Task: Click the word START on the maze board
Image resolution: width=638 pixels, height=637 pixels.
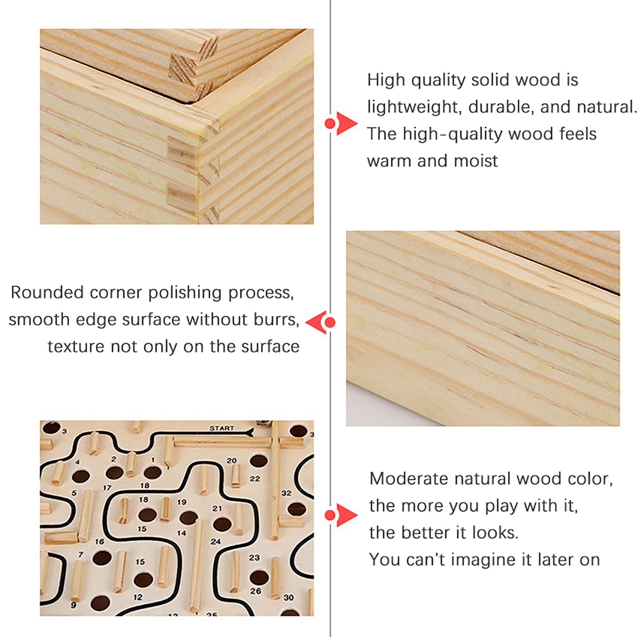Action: [x=222, y=428]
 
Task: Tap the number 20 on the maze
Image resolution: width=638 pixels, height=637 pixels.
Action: [x=232, y=460]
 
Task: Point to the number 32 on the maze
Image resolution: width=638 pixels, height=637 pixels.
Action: [x=286, y=493]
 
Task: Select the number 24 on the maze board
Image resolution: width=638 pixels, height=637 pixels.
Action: [x=216, y=542]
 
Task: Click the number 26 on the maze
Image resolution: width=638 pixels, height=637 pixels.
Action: [x=256, y=591]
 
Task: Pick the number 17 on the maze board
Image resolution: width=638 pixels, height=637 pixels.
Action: [x=107, y=488]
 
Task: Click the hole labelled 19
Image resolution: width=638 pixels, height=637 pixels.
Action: [x=189, y=518]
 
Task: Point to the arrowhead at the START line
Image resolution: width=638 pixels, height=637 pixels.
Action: [x=250, y=432]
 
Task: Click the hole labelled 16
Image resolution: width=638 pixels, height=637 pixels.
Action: [x=102, y=558]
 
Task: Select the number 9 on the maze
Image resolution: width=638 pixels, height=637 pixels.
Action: [x=73, y=605]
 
